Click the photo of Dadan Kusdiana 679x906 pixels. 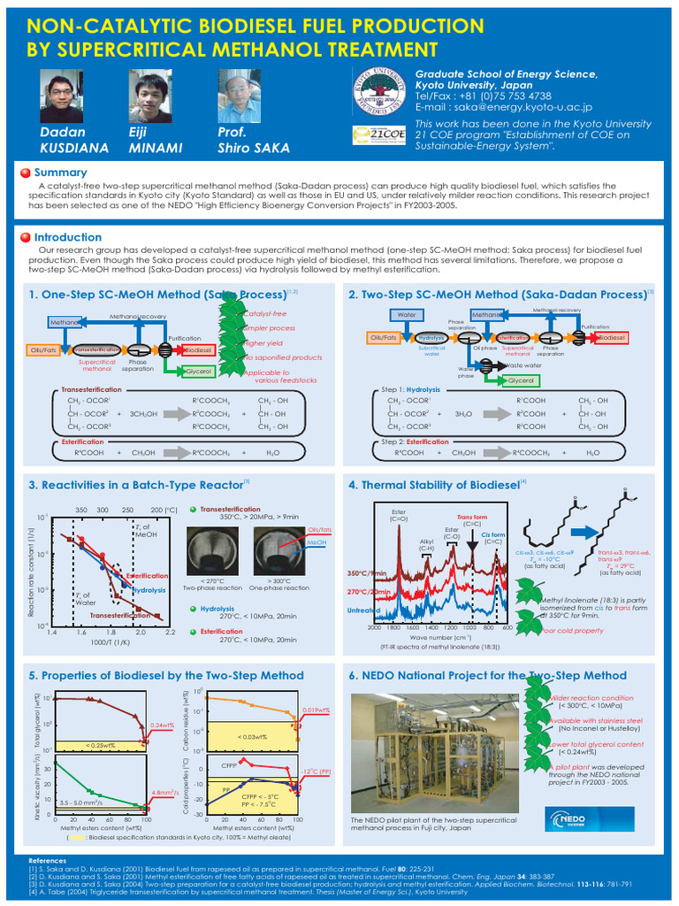tap(63, 96)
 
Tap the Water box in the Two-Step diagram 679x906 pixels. tap(407, 314)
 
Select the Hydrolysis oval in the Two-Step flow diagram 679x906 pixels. tap(431, 338)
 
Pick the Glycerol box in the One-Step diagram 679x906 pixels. tap(198, 372)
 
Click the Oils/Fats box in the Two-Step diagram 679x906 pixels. tap(382, 338)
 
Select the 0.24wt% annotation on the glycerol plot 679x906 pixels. tap(161, 725)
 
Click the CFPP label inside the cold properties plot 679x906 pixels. tap(229, 764)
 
